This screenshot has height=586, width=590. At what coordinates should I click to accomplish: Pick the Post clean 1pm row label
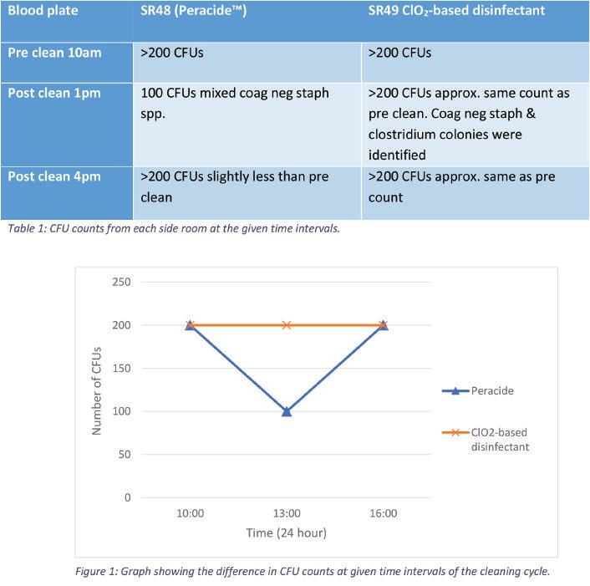point(54,93)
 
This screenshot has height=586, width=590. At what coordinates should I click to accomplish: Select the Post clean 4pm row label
point(54,176)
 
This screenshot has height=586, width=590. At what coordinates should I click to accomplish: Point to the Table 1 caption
point(173,228)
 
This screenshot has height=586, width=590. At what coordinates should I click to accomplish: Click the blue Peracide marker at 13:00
point(287,411)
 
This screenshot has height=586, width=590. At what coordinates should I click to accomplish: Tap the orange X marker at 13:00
point(287,324)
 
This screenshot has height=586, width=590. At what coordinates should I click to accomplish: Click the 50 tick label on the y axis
point(125,455)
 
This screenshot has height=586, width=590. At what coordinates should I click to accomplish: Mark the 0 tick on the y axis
point(128,498)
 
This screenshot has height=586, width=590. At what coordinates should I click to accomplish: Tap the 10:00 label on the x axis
point(190,513)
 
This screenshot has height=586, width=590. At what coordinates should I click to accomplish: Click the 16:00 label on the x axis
point(383,513)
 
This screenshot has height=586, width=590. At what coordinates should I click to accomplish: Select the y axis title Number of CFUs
point(97,390)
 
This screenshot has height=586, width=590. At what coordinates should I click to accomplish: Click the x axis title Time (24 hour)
point(287,532)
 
